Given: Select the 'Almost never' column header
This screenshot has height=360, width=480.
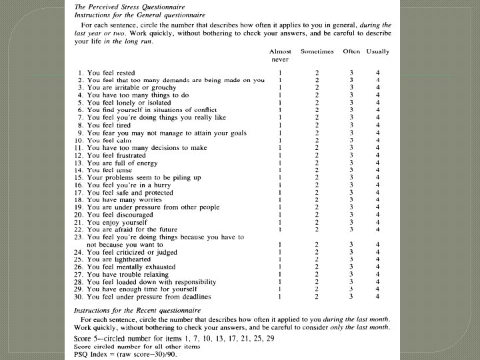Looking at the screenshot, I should [280, 55].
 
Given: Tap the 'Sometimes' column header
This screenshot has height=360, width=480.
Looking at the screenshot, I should [317, 51].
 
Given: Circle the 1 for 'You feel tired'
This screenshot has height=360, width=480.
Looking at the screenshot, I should [280, 125].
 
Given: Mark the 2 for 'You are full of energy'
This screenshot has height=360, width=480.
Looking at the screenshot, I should [317, 162].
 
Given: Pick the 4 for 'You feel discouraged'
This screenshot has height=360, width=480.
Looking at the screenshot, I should [377, 215].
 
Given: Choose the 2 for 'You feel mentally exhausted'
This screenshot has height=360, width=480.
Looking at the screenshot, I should [317, 267].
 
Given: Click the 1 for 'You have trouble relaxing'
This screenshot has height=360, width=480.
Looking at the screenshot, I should [280, 274].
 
